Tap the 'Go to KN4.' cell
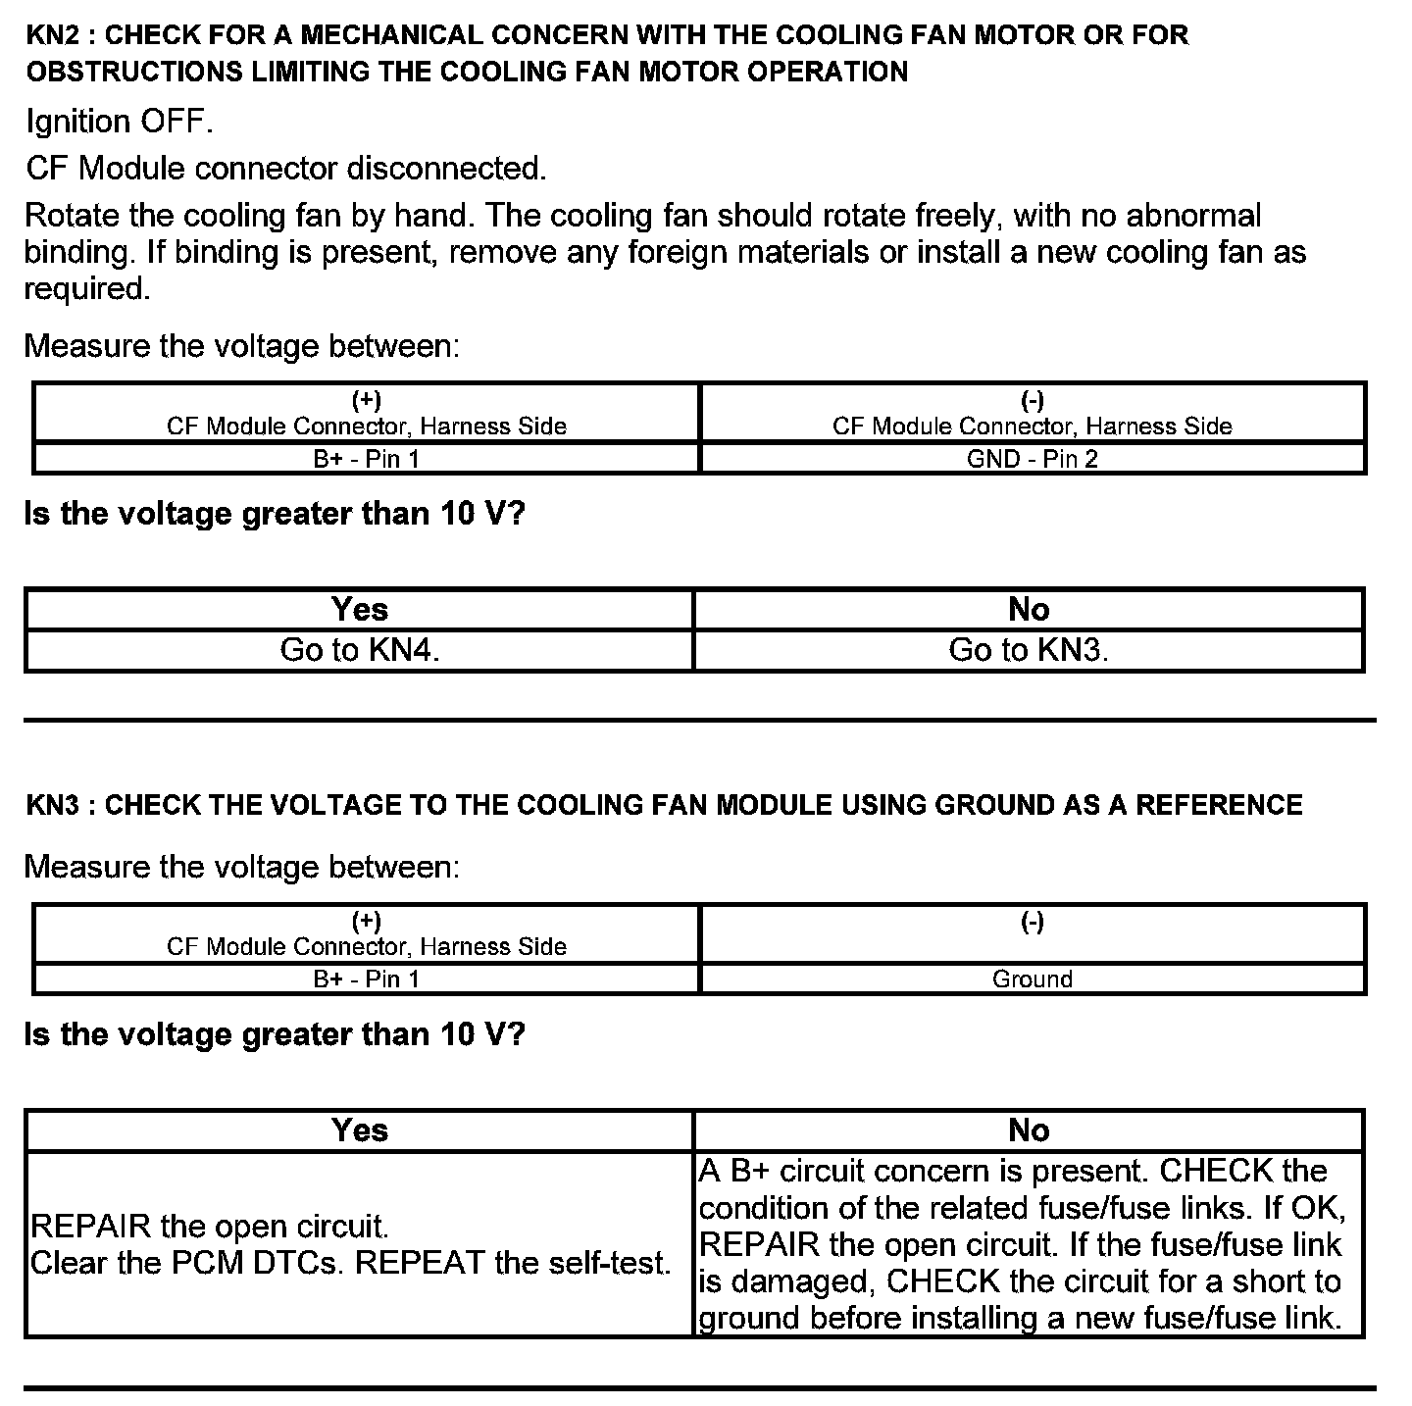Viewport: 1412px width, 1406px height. click(359, 650)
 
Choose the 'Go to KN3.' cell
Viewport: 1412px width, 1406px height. click(1028, 650)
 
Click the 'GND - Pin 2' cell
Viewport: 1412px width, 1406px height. click(1032, 459)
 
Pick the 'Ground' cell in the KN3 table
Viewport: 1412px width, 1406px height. click(1032, 979)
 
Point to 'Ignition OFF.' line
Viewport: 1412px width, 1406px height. click(119, 123)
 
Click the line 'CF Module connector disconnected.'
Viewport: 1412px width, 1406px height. click(285, 169)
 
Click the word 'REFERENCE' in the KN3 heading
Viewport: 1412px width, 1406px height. click(1219, 806)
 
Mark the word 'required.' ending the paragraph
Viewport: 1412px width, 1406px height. click(86, 289)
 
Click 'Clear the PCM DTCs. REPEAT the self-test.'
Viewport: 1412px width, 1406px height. click(351, 1263)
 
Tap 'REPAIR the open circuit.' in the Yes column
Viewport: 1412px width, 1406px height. click(210, 1227)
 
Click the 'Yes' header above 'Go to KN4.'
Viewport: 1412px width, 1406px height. click(359, 610)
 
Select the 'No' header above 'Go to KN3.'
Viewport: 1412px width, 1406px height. click(1028, 610)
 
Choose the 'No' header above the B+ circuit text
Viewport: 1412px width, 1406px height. click(1028, 1130)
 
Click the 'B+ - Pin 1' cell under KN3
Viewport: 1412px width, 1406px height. click(366, 979)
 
